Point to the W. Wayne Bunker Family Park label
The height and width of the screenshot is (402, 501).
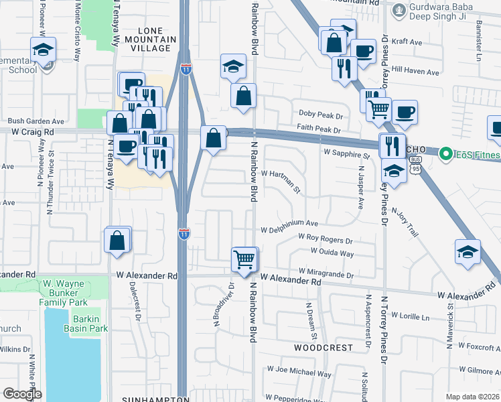click(72, 289)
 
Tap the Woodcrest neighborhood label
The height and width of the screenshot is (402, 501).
click(323, 348)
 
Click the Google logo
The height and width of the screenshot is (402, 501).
click(22, 394)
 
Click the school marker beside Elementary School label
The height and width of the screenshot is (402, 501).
click(43, 50)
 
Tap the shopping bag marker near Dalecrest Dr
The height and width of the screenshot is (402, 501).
click(117, 240)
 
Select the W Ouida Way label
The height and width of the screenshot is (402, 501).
click(332, 253)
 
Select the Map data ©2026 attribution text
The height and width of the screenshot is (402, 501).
click(472, 397)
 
